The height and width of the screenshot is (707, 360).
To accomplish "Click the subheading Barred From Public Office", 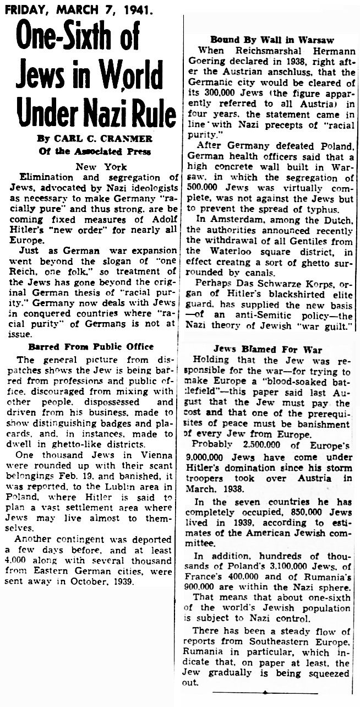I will pos(91,346).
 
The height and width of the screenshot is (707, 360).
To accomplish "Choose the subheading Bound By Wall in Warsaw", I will pos(272,40).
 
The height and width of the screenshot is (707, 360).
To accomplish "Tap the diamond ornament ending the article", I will pos(265,692).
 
